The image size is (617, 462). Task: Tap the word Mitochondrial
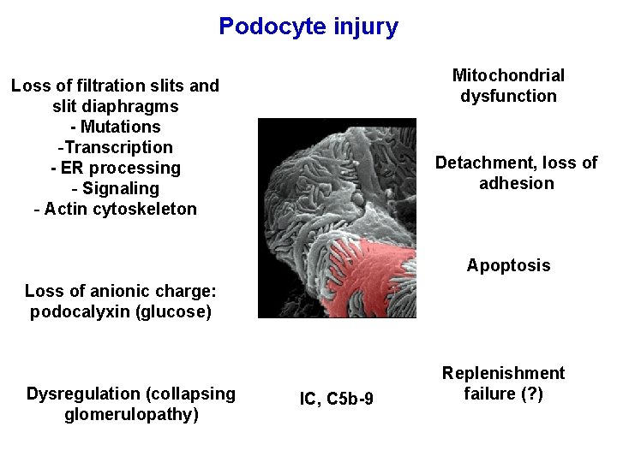click(508, 75)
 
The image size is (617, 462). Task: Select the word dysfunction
click(508, 96)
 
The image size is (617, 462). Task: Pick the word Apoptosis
click(508, 265)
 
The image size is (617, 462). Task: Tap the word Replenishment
click(503, 373)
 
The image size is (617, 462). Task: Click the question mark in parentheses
click(530, 394)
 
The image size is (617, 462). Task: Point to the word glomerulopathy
click(131, 415)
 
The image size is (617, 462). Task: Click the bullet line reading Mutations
click(115, 127)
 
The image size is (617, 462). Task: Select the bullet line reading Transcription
click(115, 147)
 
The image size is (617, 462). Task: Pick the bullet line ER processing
click(115, 168)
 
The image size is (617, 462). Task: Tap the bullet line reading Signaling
click(115, 188)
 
